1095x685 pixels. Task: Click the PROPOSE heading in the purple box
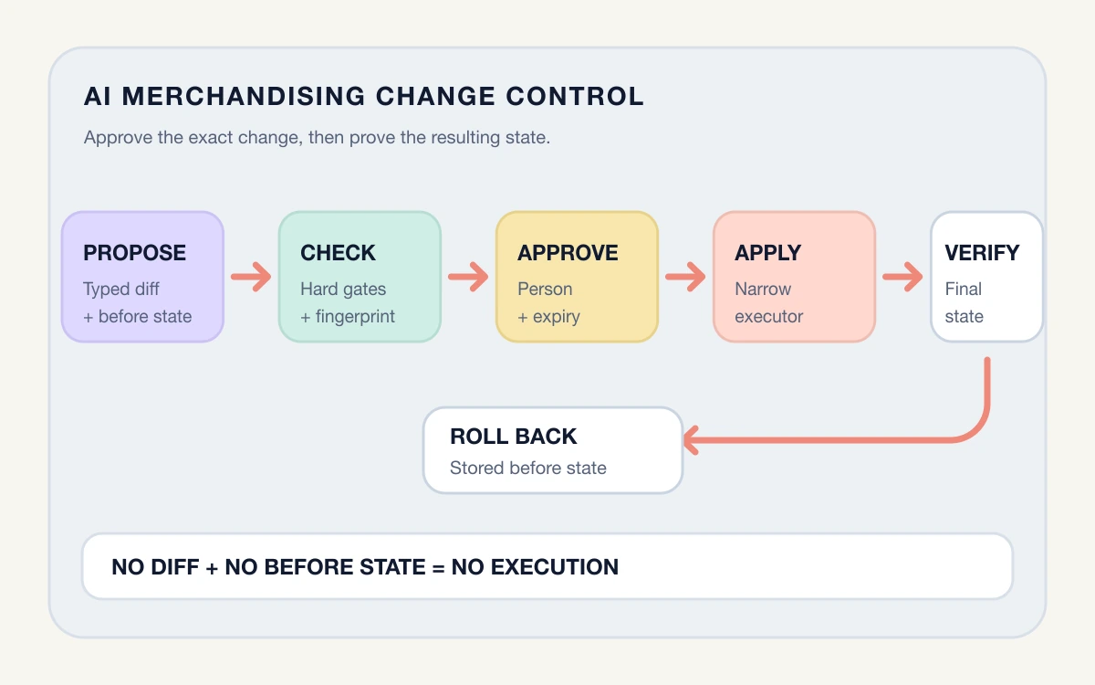134,253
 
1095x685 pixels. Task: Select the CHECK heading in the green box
338,253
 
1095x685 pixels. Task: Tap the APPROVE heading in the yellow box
568,253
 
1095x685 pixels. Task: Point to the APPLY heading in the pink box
767,253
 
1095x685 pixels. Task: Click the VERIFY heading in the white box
982,253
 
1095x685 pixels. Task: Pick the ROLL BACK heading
513,436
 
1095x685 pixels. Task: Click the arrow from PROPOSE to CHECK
251,277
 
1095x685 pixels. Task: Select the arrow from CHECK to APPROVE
468,277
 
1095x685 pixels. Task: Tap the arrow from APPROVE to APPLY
685,277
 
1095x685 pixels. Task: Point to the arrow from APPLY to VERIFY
902,277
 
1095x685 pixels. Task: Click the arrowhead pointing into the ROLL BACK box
690,440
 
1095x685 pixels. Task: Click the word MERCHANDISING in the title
244,96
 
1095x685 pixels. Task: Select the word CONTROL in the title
575,96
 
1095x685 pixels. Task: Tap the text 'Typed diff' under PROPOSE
121,290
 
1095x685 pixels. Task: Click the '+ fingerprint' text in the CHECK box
348,317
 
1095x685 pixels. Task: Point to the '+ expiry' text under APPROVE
548,317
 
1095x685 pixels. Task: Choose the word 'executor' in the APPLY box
768,317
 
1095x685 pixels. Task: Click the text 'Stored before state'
528,468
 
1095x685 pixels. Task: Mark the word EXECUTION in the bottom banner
555,567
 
